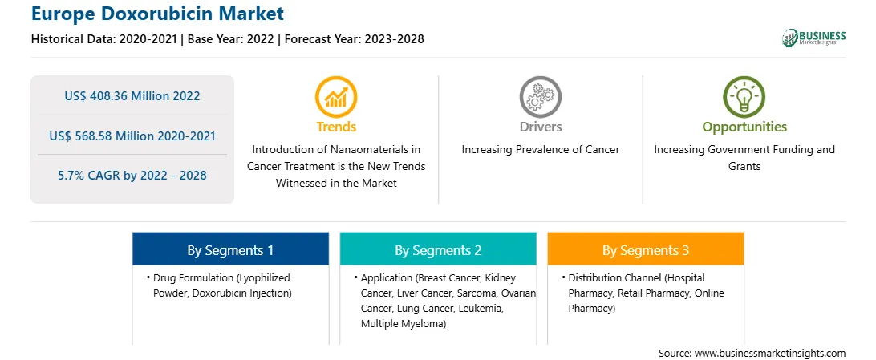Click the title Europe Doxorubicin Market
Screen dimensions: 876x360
157,14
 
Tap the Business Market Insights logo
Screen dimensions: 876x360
813,38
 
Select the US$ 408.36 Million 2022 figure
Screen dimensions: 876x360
132,96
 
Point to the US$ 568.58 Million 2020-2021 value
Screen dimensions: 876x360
132,136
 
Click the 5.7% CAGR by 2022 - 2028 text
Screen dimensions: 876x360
132,176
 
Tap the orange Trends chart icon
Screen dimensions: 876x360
336,96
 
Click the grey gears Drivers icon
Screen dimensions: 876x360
540,96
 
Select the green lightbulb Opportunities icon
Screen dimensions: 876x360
744,96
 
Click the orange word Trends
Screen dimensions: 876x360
336,127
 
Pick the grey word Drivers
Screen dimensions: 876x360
540,127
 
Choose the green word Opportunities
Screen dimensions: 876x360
744,127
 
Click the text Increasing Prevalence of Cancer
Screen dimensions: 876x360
540,150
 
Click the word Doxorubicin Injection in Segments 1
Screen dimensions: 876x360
242,293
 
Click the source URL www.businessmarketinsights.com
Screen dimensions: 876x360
769,353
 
